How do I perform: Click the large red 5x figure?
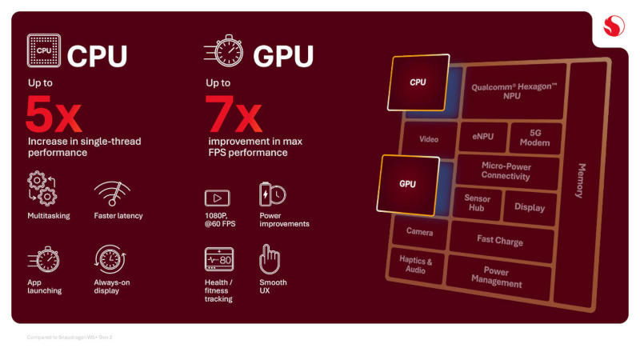(x=53, y=114)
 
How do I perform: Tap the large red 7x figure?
(x=233, y=114)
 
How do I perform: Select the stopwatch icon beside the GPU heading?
(x=226, y=54)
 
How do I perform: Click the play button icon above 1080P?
(x=218, y=198)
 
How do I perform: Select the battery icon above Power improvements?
(x=271, y=194)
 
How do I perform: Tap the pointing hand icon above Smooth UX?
(x=269, y=259)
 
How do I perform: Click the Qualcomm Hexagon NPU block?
(x=512, y=91)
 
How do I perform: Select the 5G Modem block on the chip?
(x=535, y=138)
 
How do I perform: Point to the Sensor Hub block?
(x=477, y=202)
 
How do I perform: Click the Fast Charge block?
(x=500, y=239)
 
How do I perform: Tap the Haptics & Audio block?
(x=415, y=265)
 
